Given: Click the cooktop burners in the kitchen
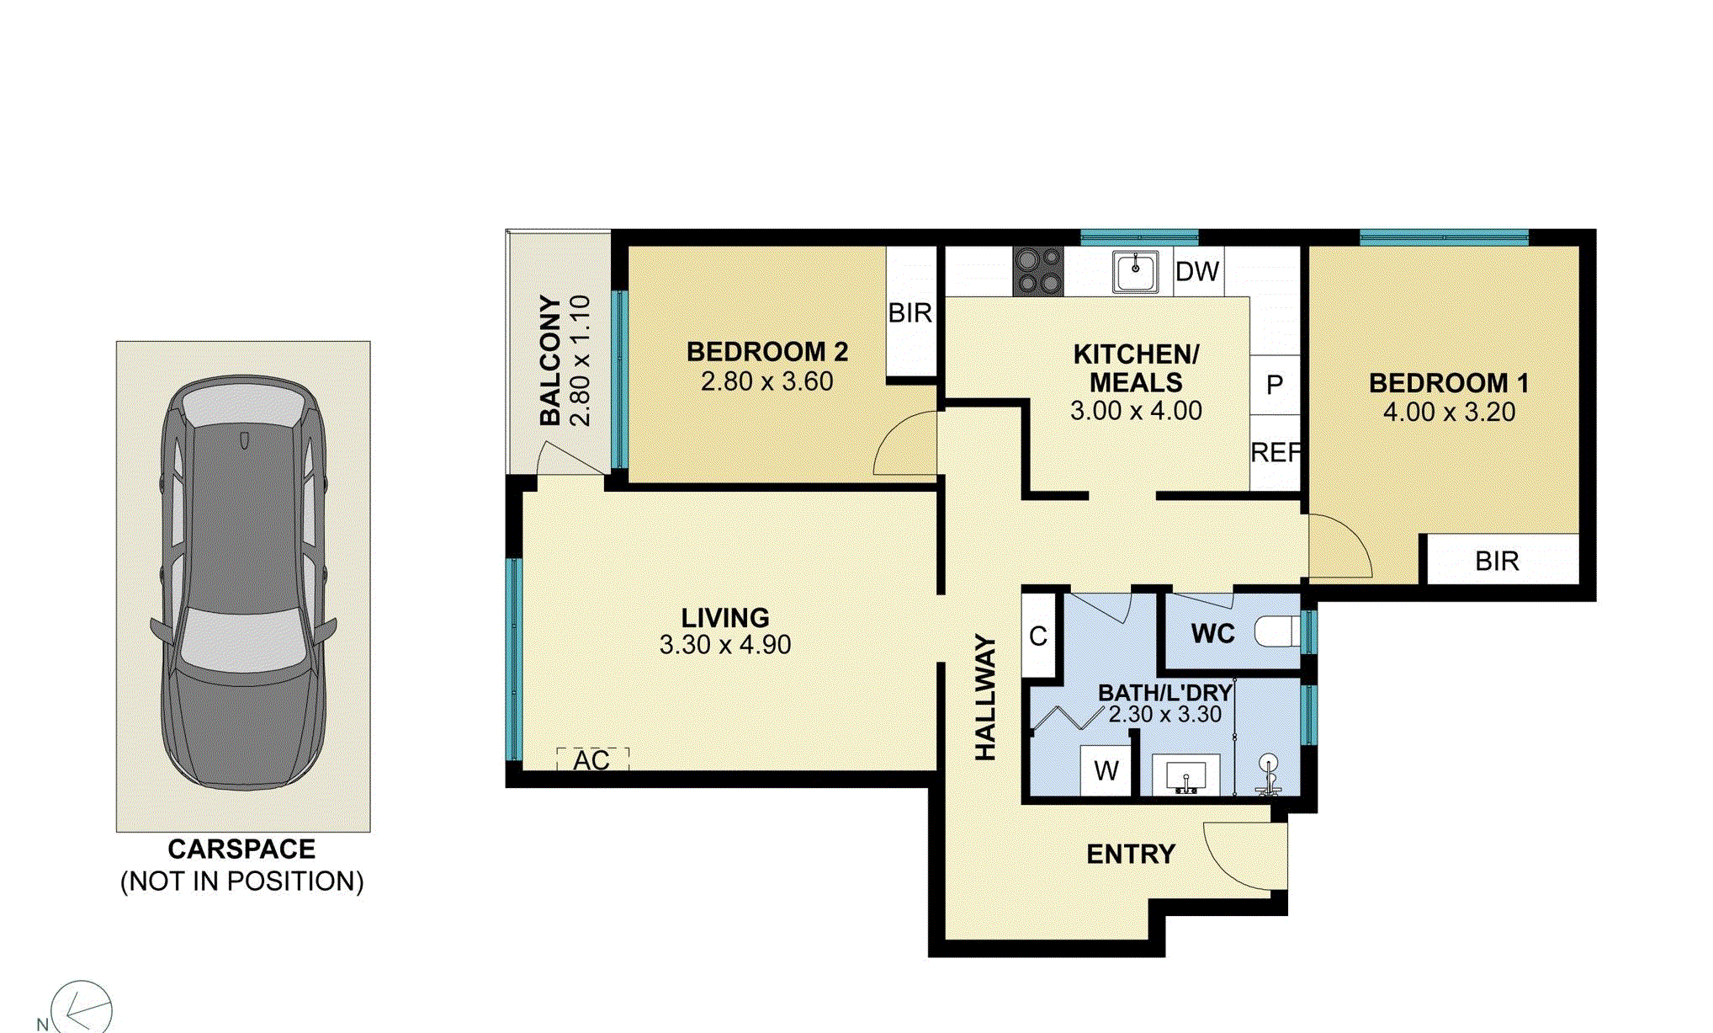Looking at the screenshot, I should click(1038, 271).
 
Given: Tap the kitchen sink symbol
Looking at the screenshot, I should click(1135, 271).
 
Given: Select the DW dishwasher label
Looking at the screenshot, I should click(1196, 272).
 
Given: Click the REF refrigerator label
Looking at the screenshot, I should click(1275, 453).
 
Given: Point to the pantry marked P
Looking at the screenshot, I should click(1275, 385).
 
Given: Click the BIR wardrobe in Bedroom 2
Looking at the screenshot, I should click(910, 313).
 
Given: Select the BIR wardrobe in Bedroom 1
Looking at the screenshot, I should click(1497, 561).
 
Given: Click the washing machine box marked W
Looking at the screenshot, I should click(1106, 770).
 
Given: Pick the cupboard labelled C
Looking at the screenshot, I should click(1038, 636).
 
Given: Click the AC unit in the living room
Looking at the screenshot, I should click(592, 760).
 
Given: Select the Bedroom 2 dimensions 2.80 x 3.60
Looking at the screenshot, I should click(766, 381).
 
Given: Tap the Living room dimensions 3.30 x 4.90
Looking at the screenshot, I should click(724, 645).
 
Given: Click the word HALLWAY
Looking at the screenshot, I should click(985, 698).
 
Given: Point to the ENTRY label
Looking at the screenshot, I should click(1130, 855).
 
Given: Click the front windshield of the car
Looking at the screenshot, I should click(242, 640).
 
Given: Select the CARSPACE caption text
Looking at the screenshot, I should click(241, 849).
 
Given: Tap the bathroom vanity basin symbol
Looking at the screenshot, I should click(1185, 775).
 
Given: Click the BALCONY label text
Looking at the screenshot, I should click(549, 360).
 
